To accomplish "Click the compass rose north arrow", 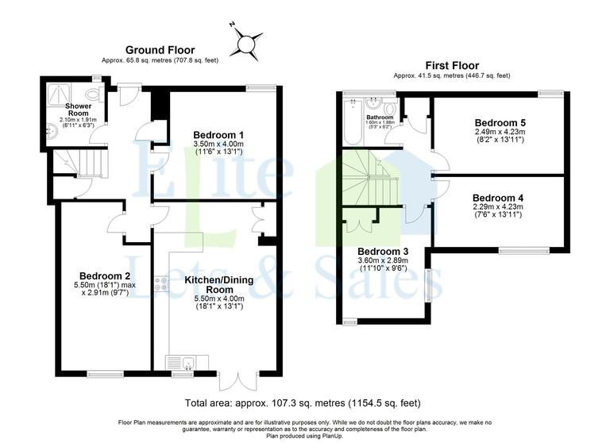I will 248,40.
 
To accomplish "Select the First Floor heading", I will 451,66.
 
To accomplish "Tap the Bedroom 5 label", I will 500,122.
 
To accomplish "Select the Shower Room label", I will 79,108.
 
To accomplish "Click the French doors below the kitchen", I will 239,380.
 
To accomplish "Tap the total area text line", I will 302,402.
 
